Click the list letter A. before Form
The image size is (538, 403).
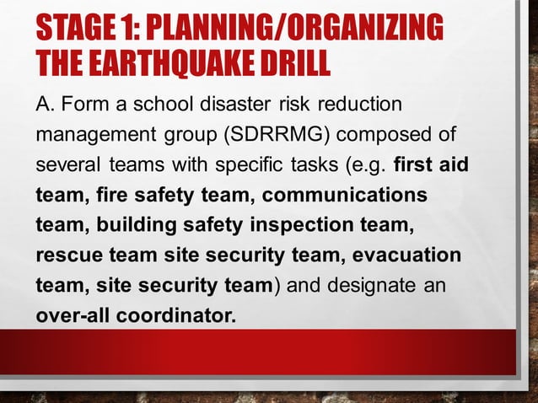point(46,105)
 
